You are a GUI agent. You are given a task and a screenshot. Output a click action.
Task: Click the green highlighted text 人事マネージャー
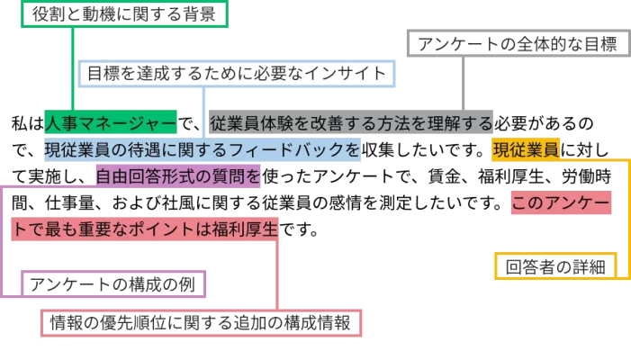point(110,123)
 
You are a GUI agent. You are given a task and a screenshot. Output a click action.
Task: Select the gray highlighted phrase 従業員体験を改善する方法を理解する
point(352,123)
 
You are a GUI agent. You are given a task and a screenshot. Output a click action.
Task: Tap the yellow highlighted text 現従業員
point(526,149)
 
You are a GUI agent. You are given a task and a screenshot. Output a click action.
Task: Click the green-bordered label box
point(122,13)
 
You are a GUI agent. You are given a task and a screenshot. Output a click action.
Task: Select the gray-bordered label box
point(516,43)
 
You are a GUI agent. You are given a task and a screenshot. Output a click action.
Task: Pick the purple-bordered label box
point(111,284)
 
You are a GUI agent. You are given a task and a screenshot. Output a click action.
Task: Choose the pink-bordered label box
point(203,323)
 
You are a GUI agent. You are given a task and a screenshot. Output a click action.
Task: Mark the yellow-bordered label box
point(555,266)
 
